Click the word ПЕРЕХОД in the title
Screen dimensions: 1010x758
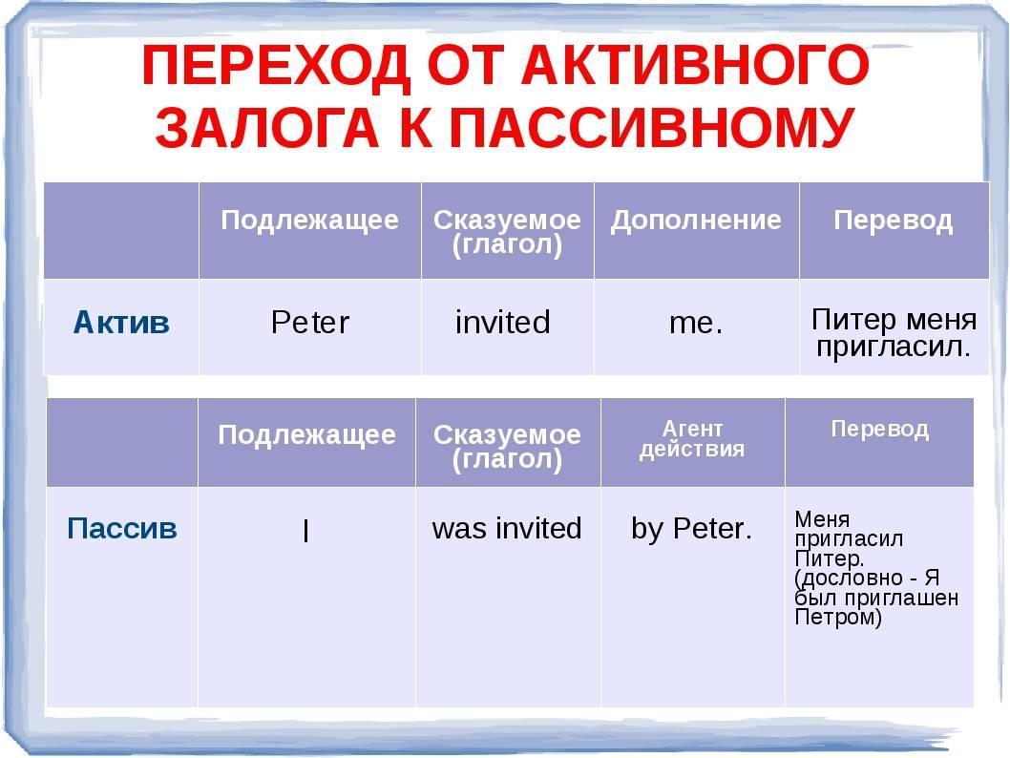coord(276,66)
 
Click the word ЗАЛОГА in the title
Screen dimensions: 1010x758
coord(266,126)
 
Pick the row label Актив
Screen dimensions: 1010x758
coord(121,322)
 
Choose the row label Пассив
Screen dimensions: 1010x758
coord(122,528)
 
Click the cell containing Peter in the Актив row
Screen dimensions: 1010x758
coord(310,322)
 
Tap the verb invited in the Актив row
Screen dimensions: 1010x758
coord(502,322)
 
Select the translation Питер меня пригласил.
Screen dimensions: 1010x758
coord(894,333)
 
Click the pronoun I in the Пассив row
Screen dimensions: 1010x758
coord(306,530)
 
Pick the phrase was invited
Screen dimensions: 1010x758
coord(507,528)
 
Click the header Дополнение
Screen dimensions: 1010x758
coord(696,221)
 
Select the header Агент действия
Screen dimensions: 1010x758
coord(692,438)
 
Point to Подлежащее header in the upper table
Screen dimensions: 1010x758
coord(310,221)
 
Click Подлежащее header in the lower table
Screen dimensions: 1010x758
coord(306,435)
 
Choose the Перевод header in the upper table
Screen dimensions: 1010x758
coord(894,221)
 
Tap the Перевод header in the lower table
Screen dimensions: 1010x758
coord(880,429)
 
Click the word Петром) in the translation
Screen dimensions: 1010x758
coord(838,618)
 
